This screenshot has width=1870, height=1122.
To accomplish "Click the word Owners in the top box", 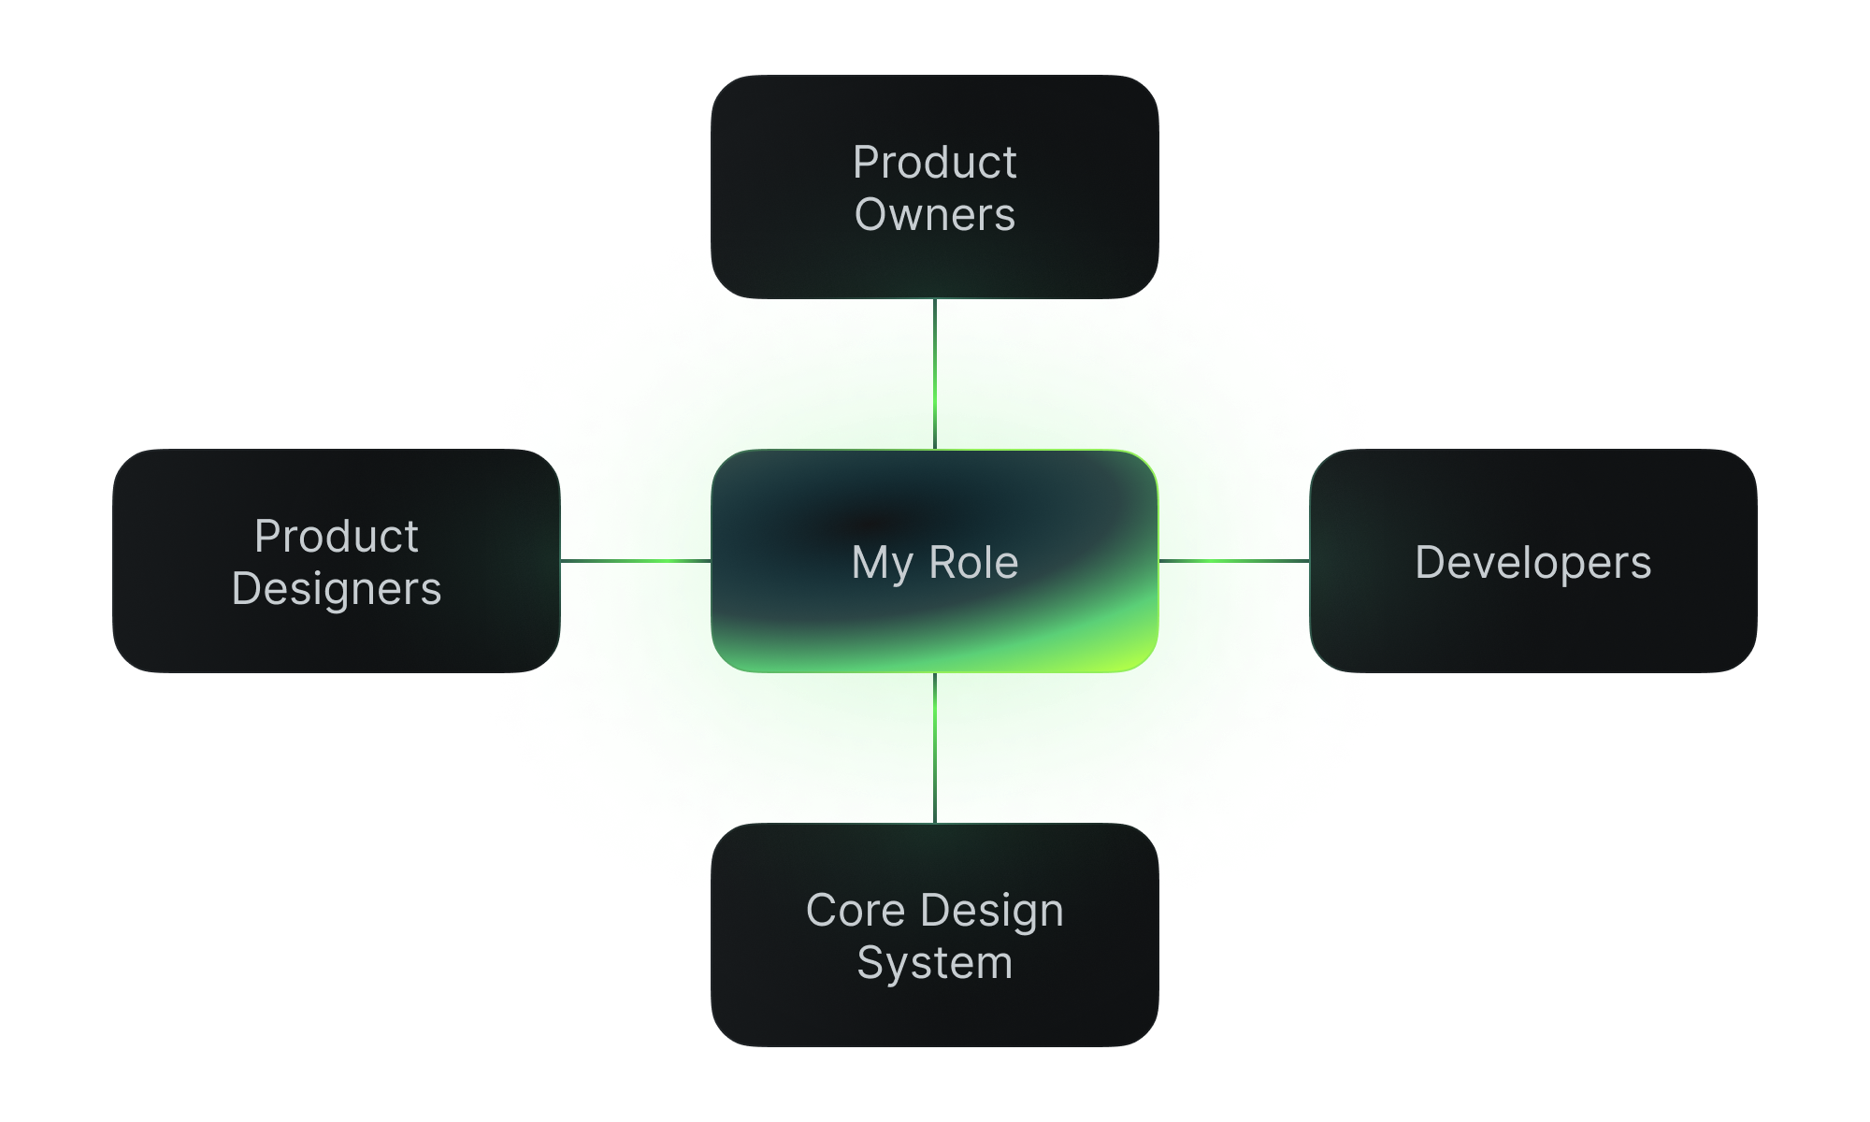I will (934, 215).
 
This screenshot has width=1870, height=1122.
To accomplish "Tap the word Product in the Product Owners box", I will (934, 163).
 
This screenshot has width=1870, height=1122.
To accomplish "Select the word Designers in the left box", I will (337, 589).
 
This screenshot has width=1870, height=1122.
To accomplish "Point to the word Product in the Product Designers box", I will (337, 537).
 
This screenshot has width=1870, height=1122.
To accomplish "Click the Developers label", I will (1532, 563).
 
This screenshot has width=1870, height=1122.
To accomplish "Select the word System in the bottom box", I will (934, 963).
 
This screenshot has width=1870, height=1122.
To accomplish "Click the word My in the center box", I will (881, 564).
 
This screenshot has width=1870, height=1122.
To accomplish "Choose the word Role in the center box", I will (973, 563).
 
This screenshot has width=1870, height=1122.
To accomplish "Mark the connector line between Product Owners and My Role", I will (935, 374).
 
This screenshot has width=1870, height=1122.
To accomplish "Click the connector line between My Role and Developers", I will (1234, 561).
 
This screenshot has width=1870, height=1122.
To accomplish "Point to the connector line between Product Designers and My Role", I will (636, 561).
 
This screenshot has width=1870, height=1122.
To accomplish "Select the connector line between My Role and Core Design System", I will (935, 748).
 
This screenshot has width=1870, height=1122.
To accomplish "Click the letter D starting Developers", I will (1430, 563).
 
